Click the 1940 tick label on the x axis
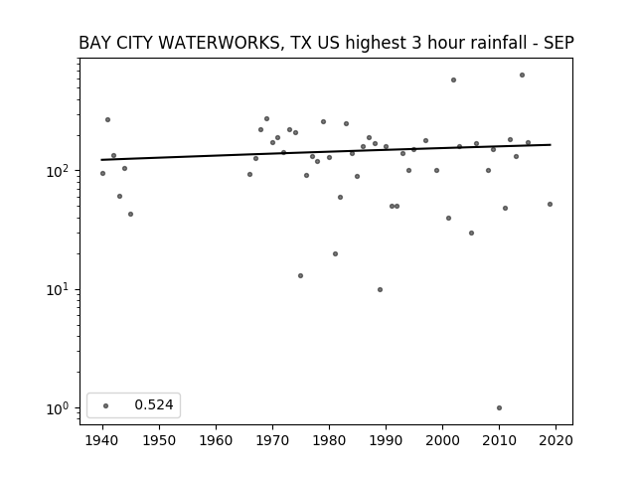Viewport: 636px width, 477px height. click(102, 440)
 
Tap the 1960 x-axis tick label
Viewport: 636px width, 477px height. click(216, 440)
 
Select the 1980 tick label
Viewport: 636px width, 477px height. click(329, 440)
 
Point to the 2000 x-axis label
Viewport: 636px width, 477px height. click(442, 440)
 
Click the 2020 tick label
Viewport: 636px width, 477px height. click(556, 440)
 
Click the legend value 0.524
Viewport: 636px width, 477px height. click(154, 404)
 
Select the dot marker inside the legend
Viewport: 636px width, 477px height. click(106, 405)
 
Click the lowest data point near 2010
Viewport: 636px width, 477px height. click(499, 408)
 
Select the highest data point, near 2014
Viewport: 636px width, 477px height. click(522, 76)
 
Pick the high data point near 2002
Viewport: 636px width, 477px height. click(453, 79)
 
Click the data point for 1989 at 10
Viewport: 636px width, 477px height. click(380, 289)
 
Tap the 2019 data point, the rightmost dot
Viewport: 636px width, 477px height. click(550, 205)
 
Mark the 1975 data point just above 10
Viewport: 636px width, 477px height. click(300, 276)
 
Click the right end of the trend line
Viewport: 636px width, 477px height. click(551, 145)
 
